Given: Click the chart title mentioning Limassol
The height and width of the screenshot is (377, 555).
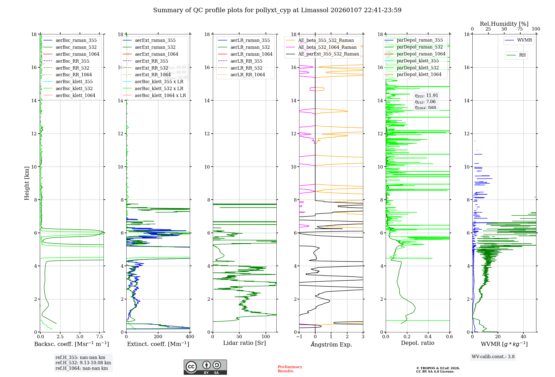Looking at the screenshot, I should pyautogui.click(x=277, y=10).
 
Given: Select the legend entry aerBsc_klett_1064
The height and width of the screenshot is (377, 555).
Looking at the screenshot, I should pyautogui.click(x=75, y=95).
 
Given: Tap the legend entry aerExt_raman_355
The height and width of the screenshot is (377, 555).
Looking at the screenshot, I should pyautogui.click(x=155, y=40).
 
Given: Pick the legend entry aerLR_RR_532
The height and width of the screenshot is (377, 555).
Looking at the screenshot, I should pyautogui.click(x=246, y=68).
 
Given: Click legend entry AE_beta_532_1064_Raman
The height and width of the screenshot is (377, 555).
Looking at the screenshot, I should pyautogui.click(x=327, y=47).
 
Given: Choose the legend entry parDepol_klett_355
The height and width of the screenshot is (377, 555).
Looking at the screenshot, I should pyautogui.click(x=418, y=61).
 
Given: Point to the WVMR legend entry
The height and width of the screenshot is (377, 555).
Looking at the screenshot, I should pyautogui.click(x=524, y=40).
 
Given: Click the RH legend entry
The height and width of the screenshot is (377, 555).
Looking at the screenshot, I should pyautogui.click(x=522, y=55).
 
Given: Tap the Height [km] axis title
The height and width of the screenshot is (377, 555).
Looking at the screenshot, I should pyautogui.click(x=27, y=183).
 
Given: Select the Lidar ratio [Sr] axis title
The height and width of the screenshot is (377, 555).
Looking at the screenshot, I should pyautogui.click(x=244, y=343).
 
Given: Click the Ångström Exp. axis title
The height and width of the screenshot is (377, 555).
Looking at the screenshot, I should pyautogui.click(x=331, y=344).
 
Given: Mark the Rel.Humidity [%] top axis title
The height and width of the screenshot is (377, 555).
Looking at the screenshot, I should pyautogui.click(x=504, y=24).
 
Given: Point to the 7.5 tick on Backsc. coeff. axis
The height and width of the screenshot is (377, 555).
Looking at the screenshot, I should pyautogui.click(x=99, y=337).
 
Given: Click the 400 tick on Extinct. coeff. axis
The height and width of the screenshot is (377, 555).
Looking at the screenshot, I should pyautogui.click(x=190, y=337).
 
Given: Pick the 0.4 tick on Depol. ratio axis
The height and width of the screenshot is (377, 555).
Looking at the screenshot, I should pyautogui.click(x=428, y=337).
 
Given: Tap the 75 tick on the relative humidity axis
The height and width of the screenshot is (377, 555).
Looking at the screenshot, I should pyautogui.click(x=520, y=29).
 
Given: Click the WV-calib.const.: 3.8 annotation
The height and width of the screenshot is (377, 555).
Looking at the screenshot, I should pyautogui.click(x=493, y=357).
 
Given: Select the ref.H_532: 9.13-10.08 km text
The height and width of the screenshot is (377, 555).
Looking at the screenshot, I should pyautogui.click(x=83, y=363).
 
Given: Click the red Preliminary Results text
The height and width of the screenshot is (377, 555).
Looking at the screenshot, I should pyautogui.click(x=290, y=369).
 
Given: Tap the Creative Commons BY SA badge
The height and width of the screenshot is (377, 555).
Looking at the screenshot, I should pyautogui.click(x=205, y=367).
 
